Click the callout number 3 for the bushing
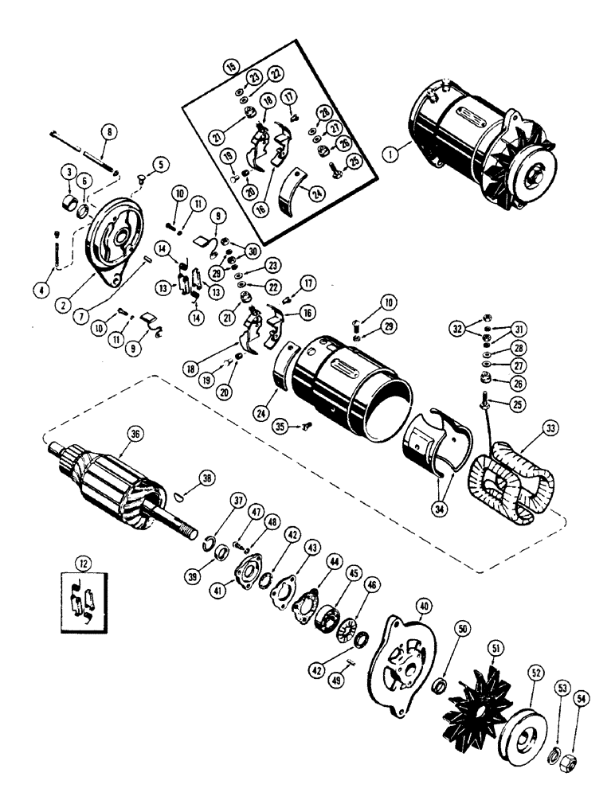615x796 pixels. pos(69,172)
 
